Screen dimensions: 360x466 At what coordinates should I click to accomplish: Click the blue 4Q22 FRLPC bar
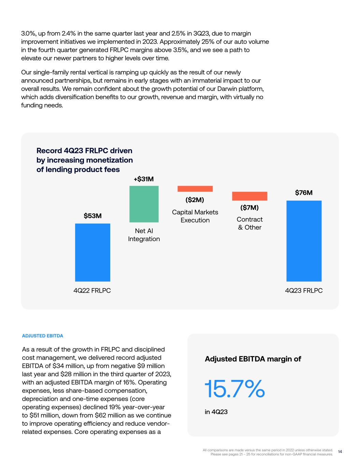(92, 252)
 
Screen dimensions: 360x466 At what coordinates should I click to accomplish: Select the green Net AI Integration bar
(144, 204)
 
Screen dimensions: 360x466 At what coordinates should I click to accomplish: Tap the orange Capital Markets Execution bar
(195, 189)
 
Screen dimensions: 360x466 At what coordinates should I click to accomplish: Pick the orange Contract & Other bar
(250, 196)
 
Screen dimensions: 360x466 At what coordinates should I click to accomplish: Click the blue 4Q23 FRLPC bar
(304, 241)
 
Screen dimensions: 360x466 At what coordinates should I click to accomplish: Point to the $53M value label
(92, 216)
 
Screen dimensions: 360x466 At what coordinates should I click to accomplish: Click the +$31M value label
(144, 179)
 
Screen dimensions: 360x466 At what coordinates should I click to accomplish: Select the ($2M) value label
(195, 200)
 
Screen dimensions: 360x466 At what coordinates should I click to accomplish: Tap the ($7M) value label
(249, 208)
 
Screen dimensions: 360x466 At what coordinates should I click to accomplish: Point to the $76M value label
(304, 193)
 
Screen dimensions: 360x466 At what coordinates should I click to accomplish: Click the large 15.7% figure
(235, 389)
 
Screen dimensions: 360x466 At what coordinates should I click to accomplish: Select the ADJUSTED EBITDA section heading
(42, 336)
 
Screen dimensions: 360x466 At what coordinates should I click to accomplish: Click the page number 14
(340, 452)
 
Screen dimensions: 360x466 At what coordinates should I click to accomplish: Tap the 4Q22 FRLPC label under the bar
(92, 291)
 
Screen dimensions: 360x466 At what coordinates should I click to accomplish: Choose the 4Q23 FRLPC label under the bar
(304, 291)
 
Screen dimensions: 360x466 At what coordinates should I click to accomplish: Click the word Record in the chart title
(49, 151)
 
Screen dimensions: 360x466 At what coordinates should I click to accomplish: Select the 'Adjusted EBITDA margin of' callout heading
(253, 359)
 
